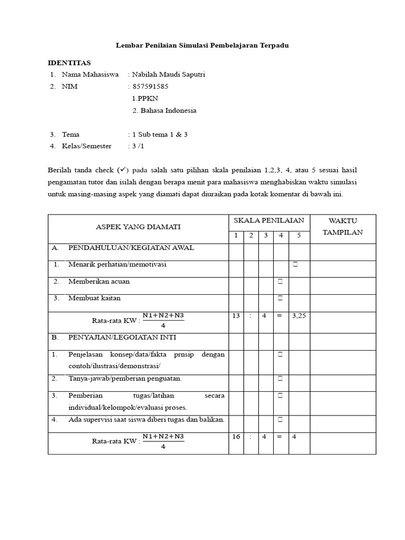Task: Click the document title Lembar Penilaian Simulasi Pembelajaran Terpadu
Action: pos(202,46)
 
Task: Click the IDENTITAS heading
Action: pos(69,63)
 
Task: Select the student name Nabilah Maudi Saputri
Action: pos(168,74)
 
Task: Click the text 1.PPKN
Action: pos(144,99)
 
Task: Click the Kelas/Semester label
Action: pos(86,146)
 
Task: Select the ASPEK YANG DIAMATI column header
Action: pos(138,227)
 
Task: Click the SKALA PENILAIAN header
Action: pos(268,220)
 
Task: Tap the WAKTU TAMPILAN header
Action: pos(343,226)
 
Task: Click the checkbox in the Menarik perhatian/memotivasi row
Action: pos(296,265)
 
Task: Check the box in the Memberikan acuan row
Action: pos(281,282)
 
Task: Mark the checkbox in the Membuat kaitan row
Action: pos(281,298)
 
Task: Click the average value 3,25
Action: pos(298,315)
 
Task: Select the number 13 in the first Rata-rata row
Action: pos(236,315)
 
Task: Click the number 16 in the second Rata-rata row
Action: pos(236,437)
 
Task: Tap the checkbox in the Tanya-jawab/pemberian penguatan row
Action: pos(281,379)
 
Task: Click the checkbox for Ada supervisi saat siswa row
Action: pos(281,420)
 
